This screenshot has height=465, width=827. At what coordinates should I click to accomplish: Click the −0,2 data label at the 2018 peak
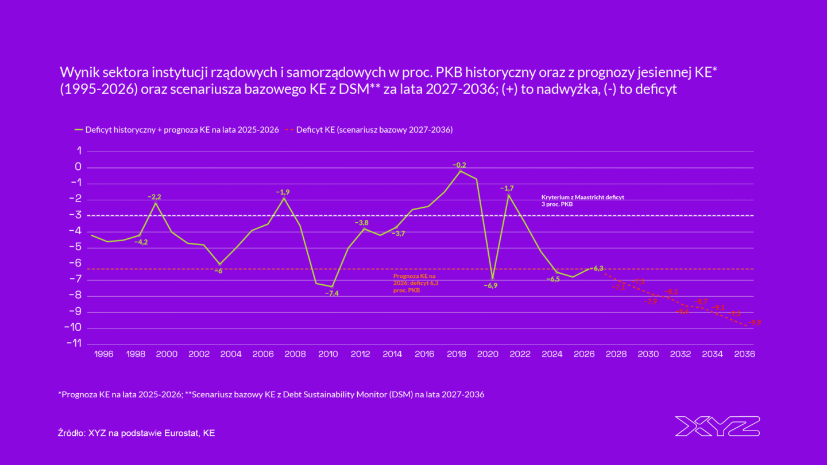[x=459, y=165]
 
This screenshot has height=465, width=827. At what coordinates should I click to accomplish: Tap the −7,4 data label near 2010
[x=332, y=293]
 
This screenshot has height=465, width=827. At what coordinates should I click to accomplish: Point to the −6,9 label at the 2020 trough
[x=490, y=285]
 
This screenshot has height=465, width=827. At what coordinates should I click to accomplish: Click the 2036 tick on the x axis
[x=744, y=355]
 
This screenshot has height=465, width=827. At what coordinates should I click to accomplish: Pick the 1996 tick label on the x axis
[x=103, y=355]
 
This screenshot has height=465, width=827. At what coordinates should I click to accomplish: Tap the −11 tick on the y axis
[x=74, y=343]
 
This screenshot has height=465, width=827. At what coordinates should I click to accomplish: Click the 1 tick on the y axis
[x=79, y=151]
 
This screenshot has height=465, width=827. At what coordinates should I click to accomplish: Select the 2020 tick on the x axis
[x=488, y=355]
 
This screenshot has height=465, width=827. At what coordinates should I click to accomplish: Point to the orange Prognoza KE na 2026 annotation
[x=416, y=283]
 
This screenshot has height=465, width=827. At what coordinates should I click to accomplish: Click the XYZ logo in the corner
[x=717, y=426]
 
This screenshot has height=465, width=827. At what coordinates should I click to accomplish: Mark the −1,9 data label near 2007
[x=283, y=192]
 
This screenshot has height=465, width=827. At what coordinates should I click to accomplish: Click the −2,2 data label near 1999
[x=154, y=197]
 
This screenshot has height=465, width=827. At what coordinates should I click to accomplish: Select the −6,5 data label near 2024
[x=552, y=279]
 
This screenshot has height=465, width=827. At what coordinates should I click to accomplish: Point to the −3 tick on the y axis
[x=76, y=215]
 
